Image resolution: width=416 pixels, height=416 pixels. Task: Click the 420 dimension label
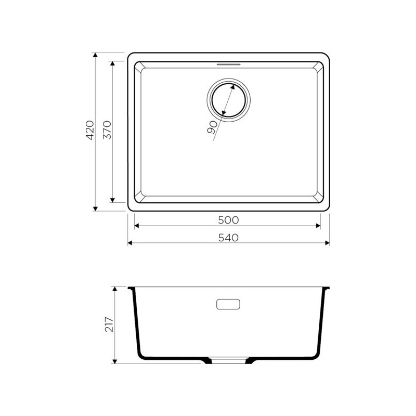[x=90, y=130]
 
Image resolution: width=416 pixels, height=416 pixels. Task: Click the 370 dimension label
[x=107, y=130]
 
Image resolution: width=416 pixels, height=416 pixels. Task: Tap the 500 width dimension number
[x=228, y=220]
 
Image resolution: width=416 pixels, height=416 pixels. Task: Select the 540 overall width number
[x=228, y=238]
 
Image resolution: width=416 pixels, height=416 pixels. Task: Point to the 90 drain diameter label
[x=212, y=127]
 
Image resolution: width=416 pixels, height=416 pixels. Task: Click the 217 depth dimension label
[x=109, y=324]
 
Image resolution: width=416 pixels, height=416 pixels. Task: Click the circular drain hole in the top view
[x=228, y=100]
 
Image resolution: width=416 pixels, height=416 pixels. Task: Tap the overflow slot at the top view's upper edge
[x=228, y=64]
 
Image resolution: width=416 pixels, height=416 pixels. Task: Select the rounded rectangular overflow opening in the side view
[x=228, y=304]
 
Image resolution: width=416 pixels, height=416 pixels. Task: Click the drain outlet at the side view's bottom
[x=228, y=360]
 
